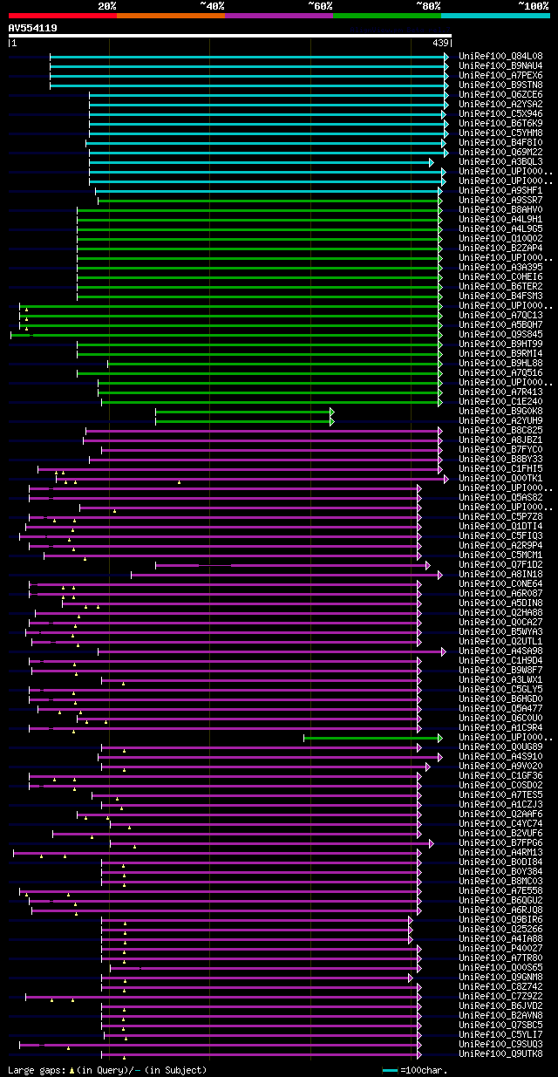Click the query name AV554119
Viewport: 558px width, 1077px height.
[33, 28]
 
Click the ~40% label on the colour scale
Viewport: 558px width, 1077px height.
[212, 5]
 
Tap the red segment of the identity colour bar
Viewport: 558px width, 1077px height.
[62, 16]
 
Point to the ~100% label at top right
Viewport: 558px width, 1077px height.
[533, 5]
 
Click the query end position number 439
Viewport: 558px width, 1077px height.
[440, 43]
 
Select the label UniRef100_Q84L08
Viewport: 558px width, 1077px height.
[500, 56]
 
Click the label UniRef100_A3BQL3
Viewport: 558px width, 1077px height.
[500, 161]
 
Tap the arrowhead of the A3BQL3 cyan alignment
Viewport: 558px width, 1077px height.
[431, 162]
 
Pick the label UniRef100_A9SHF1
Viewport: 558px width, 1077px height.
[500, 190]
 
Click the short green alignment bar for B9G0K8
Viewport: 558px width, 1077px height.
[243, 412]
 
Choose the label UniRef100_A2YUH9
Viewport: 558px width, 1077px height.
[500, 420]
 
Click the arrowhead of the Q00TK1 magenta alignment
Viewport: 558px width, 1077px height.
[446, 479]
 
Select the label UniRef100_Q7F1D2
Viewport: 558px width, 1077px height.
[500, 565]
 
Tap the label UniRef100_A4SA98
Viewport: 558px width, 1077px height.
[500, 651]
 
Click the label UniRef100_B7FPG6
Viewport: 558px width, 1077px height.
[500, 843]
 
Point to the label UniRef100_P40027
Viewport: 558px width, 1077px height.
[500, 949]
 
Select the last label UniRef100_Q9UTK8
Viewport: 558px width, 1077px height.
[500, 1054]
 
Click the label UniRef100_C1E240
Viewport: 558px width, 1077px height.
[500, 401]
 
